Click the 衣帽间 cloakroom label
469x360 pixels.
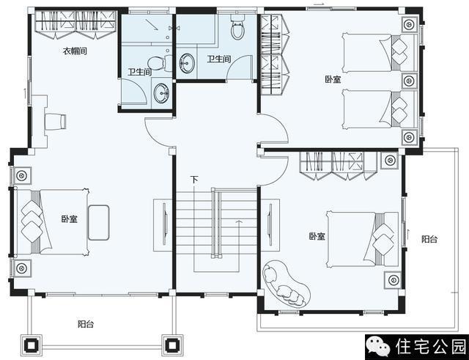(x=75, y=51)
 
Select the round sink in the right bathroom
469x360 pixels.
(x=187, y=63)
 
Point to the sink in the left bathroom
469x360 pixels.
(x=161, y=93)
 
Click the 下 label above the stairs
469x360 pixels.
(x=194, y=180)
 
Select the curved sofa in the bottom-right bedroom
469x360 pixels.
(x=286, y=284)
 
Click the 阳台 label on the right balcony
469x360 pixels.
(x=429, y=239)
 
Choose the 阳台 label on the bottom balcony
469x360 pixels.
(x=86, y=324)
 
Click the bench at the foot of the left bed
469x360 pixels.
(x=99, y=223)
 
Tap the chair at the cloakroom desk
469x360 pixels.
(x=56, y=122)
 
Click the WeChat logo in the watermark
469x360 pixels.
(x=378, y=347)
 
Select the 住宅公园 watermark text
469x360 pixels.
(x=431, y=347)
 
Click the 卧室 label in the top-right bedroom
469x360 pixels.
(x=333, y=79)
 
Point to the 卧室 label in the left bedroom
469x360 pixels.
(x=70, y=219)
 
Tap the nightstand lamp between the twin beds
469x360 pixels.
(x=409, y=81)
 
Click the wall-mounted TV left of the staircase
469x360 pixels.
(x=165, y=224)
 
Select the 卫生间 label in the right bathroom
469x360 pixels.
(x=219, y=59)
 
